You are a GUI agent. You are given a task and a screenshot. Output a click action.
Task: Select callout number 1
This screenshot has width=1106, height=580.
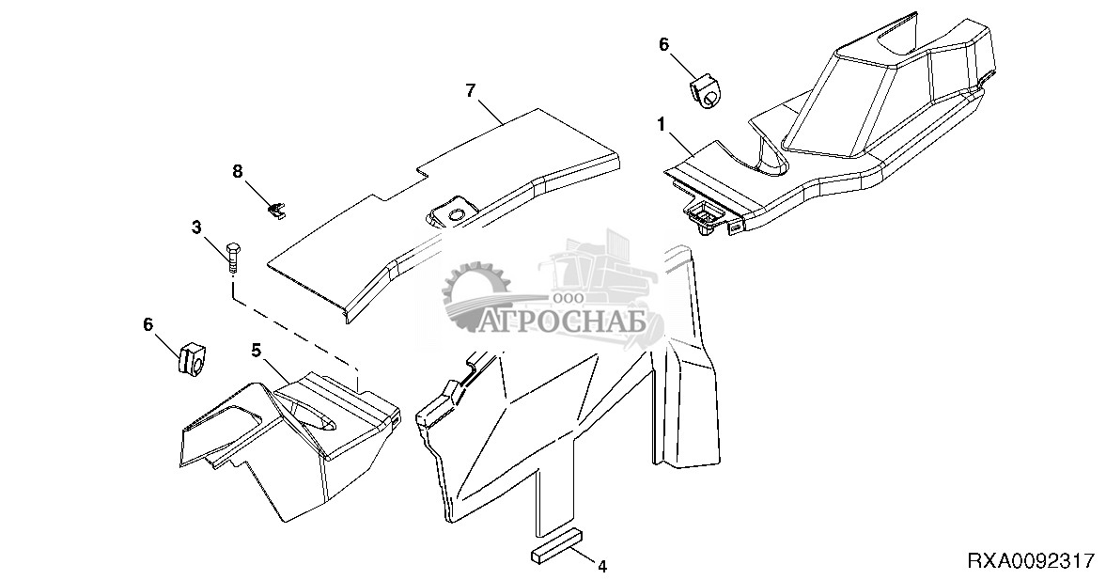[661, 124]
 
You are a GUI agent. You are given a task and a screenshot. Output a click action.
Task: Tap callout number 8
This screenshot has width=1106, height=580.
[238, 171]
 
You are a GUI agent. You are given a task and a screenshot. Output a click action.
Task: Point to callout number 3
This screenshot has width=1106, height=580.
[196, 227]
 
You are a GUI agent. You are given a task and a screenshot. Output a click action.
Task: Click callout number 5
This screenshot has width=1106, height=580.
[256, 349]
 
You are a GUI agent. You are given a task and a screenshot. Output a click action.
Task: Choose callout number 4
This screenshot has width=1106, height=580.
[601, 565]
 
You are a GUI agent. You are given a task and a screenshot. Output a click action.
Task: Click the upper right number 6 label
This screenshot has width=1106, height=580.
[663, 44]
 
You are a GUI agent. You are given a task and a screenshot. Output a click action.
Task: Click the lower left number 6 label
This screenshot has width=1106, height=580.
[148, 324]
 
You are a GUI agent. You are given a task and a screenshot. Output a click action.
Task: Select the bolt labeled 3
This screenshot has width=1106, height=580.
[233, 259]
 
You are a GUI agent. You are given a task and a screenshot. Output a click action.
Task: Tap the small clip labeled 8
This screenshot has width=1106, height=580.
[278, 211]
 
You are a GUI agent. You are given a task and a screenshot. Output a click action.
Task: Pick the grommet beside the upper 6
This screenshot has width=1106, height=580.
[705, 92]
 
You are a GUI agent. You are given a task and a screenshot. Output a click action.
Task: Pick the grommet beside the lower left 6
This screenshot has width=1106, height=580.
[190, 361]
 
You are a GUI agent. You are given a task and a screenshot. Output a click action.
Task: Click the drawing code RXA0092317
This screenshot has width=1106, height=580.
[1031, 561]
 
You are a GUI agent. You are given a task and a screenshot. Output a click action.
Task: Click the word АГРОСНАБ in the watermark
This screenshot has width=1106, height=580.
[562, 321]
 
